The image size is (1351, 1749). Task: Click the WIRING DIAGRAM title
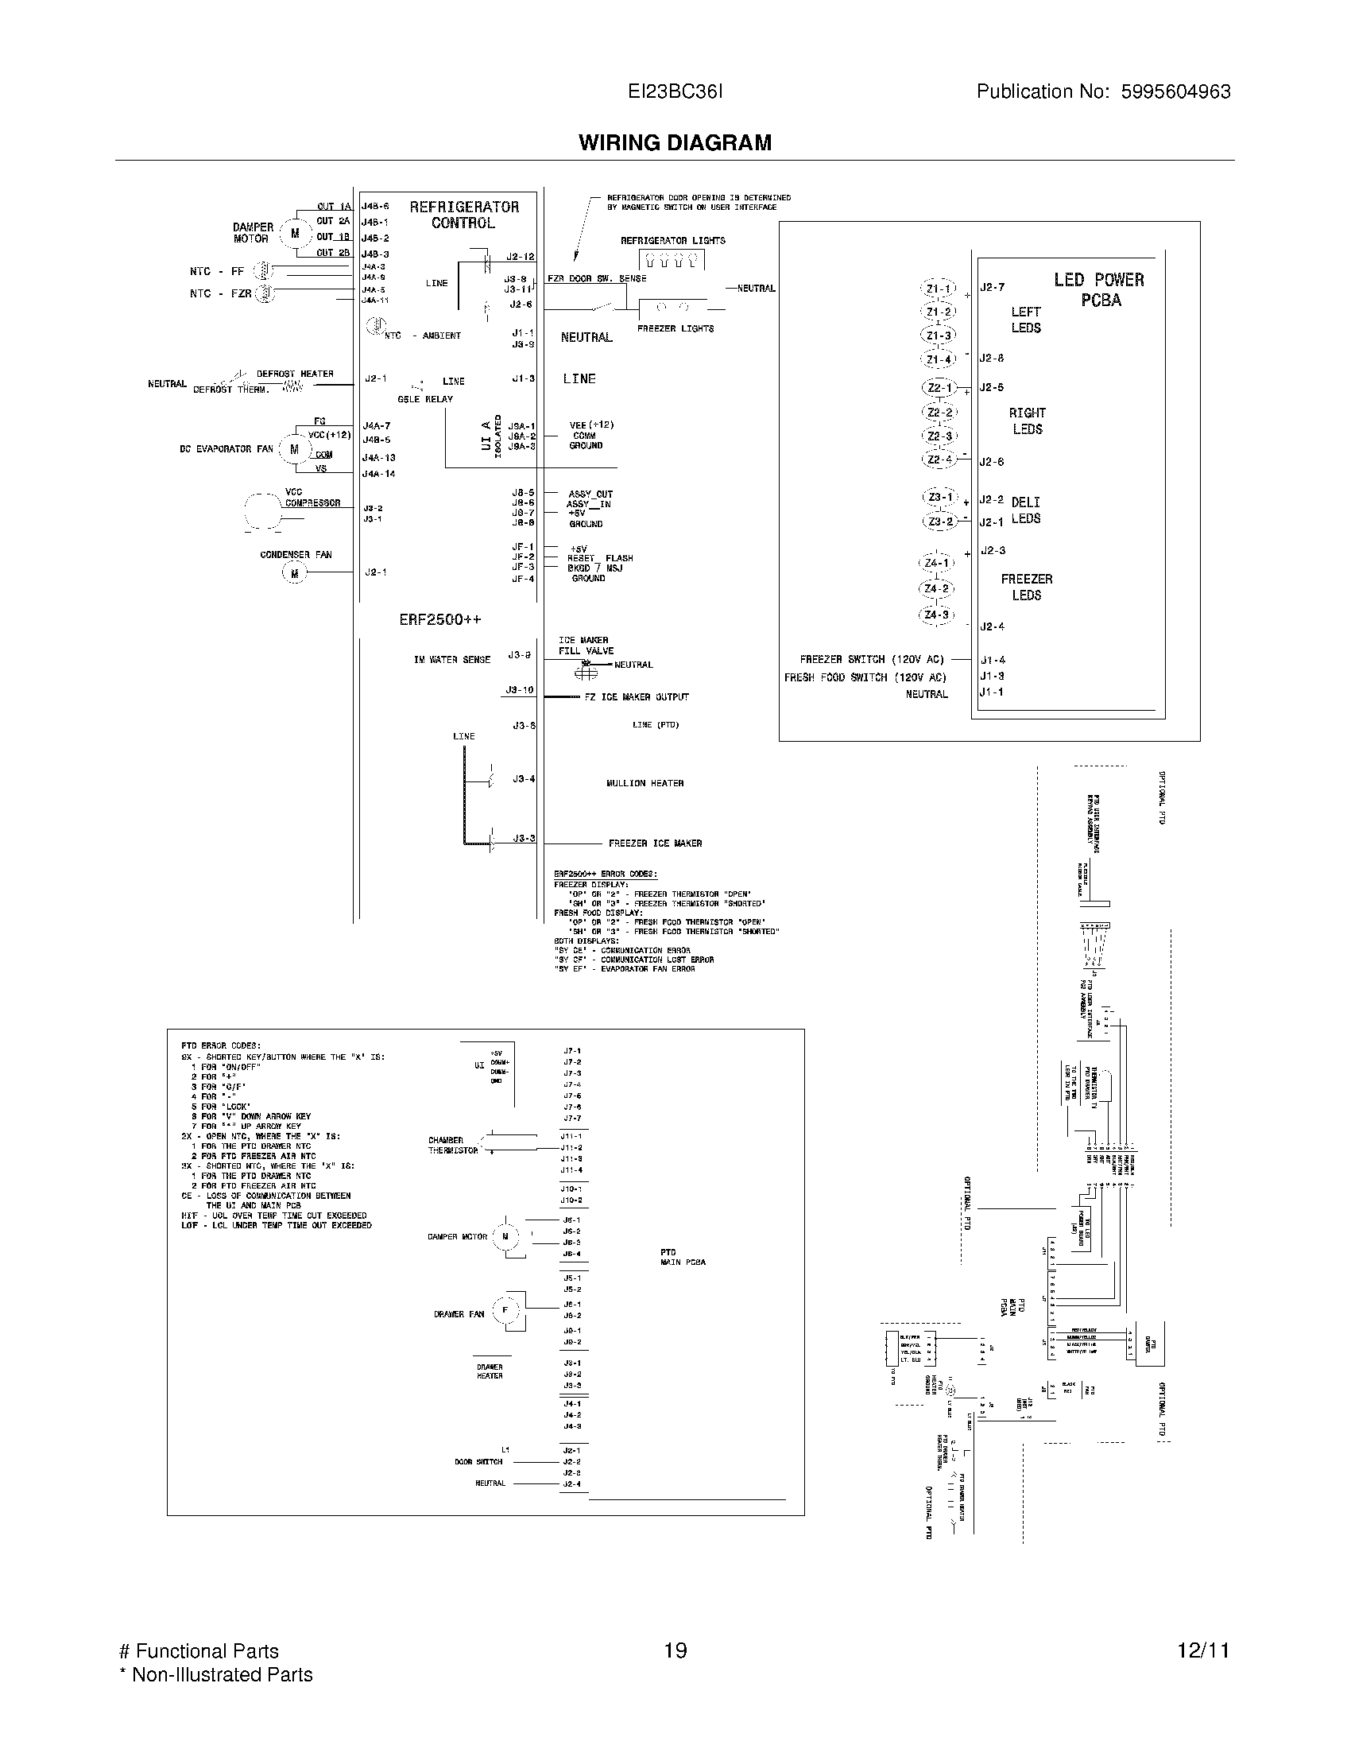pyautogui.click(x=675, y=142)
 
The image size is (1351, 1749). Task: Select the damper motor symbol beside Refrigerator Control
pyautogui.click(x=295, y=234)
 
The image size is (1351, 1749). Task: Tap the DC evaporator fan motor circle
pyautogui.click(x=294, y=449)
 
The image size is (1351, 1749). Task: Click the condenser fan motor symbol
pyautogui.click(x=294, y=572)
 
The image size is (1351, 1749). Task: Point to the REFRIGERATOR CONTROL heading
pyautogui.click(x=464, y=215)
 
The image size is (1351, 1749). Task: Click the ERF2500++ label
pyautogui.click(x=440, y=619)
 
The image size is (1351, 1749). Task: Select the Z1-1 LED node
pyautogui.click(x=939, y=289)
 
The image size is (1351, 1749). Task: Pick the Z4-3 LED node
pyautogui.click(x=936, y=615)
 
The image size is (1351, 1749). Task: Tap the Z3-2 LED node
pyautogui.click(x=939, y=522)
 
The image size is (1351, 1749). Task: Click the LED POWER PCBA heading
pyautogui.click(x=1099, y=289)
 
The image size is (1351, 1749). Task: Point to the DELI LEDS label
pyautogui.click(x=1025, y=510)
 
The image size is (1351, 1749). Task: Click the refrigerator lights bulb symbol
pyautogui.click(x=672, y=259)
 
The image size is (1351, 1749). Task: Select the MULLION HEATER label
pyautogui.click(x=645, y=783)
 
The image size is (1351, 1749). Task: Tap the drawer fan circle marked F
pyautogui.click(x=505, y=1310)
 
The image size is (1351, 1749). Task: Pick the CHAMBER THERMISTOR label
pyautogui.click(x=452, y=1145)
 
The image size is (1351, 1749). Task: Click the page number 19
pyautogui.click(x=675, y=1650)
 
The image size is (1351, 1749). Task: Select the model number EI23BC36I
pyautogui.click(x=675, y=91)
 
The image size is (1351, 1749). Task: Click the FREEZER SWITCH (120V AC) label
pyautogui.click(x=872, y=659)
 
